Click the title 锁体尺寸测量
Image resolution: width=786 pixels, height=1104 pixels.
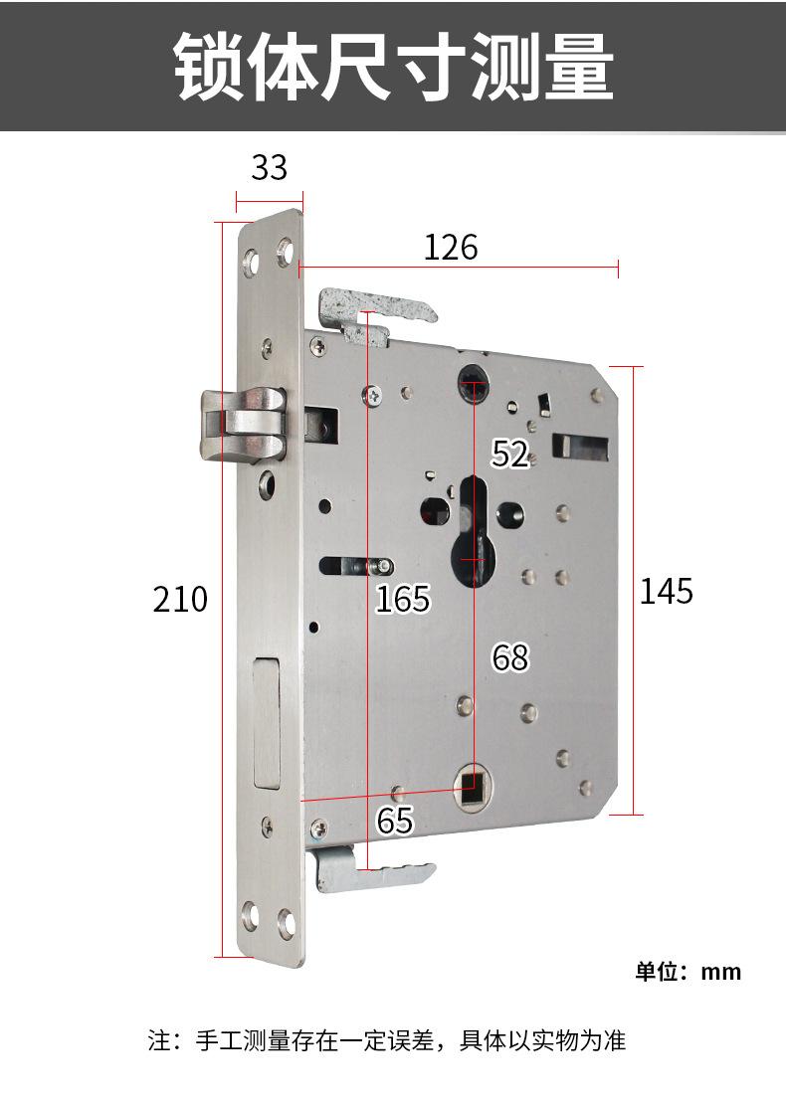pyautogui.click(x=394, y=67)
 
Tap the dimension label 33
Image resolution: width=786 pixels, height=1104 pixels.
pyautogui.click(x=269, y=167)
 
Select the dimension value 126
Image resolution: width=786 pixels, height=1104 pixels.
pyautogui.click(x=451, y=247)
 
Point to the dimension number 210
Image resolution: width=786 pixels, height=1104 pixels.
pyautogui.click(x=180, y=600)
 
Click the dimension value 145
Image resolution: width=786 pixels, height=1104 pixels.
pyautogui.click(x=667, y=592)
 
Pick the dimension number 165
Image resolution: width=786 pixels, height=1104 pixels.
pyautogui.click(x=402, y=599)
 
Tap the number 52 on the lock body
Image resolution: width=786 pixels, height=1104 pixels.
pyautogui.click(x=510, y=454)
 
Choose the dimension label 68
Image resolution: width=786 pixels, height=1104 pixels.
pyautogui.click(x=510, y=657)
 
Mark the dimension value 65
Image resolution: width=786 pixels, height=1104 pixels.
pyautogui.click(x=394, y=821)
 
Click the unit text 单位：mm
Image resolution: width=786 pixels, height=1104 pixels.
pyautogui.click(x=688, y=972)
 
